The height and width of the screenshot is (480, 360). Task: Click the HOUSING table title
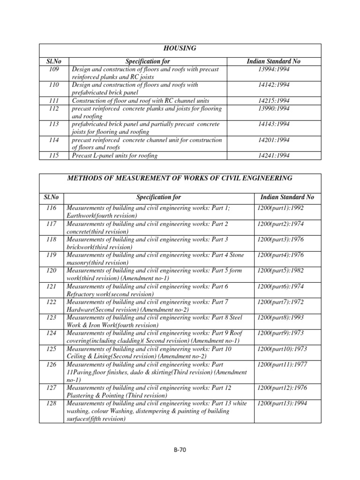(x=180, y=49)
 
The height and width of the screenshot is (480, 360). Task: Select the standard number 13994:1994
(x=274, y=69)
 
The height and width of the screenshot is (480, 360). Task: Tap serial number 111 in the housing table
(x=55, y=101)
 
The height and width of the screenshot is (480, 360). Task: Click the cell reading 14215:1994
(x=274, y=101)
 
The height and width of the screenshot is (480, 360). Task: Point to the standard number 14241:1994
(x=274, y=156)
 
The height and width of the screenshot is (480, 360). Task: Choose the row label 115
(x=55, y=156)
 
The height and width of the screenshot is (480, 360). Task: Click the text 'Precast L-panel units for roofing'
(x=114, y=156)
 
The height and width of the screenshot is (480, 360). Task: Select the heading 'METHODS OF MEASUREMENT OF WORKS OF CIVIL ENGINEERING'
(x=180, y=178)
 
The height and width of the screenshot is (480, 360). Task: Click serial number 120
(x=52, y=271)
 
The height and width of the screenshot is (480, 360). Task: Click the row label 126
(x=52, y=365)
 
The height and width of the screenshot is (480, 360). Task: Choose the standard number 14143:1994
(x=274, y=124)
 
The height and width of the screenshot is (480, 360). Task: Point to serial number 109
(x=55, y=69)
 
